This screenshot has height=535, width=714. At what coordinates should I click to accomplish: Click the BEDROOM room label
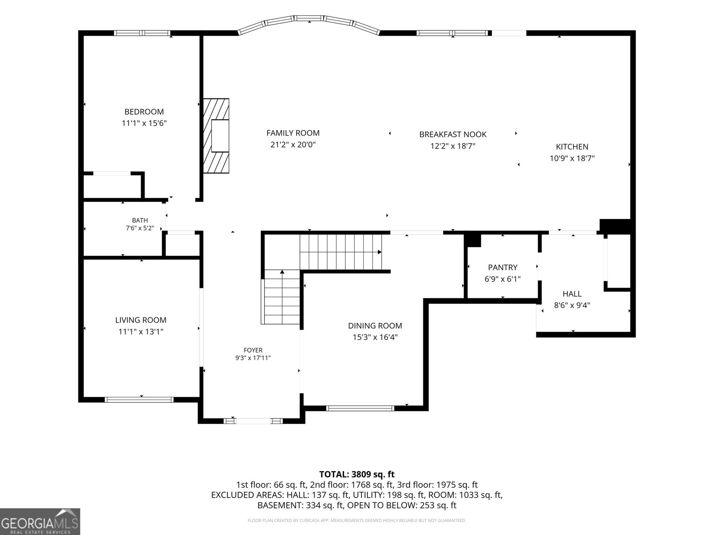tap(144, 112)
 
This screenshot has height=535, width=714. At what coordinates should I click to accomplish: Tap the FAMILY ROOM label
tap(293, 133)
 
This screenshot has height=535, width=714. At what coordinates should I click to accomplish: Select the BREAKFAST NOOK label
tap(453, 135)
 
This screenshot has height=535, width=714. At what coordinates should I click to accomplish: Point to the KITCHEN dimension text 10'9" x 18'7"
tap(572, 158)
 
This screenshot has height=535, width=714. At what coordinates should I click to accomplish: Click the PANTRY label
tap(502, 267)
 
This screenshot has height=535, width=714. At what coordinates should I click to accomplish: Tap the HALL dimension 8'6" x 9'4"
tap(572, 305)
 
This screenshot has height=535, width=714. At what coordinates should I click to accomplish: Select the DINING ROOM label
tap(375, 325)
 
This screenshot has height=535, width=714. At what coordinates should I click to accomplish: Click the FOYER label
tap(253, 350)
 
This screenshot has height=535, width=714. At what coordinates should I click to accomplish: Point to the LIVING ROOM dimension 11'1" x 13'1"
tap(141, 332)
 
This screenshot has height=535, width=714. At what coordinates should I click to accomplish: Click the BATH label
tap(140, 220)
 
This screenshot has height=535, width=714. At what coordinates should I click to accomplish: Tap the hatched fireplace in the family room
tap(216, 136)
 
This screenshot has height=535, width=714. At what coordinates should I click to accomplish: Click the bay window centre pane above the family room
tap(309, 18)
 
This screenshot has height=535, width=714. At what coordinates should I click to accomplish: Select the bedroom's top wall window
tap(142, 33)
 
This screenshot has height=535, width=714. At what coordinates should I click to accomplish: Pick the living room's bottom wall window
tap(139, 399)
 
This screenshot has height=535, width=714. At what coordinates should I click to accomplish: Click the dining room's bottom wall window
tap(360, 408)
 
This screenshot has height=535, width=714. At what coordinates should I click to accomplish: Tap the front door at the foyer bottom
tap(253, 421)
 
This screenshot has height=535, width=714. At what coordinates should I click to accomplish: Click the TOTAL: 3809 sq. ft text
tap(357, 474)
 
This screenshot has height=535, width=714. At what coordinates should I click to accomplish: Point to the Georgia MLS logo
tap(40, 522)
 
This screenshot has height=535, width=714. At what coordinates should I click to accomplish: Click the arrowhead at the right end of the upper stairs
tap(380, 252)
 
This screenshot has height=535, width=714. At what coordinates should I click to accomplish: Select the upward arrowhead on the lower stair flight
tap(282, 272)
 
